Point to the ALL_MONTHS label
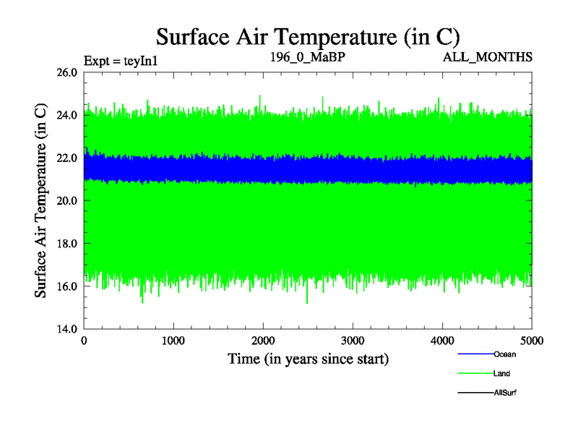point(488,56)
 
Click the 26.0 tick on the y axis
point(67,72)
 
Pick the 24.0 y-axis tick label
point(67,115)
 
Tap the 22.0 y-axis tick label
point(67,158)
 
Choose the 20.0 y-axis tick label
point(67,200)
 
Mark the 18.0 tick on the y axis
point(67,244)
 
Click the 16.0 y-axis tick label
point(67,286)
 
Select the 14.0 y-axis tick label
point(67,329)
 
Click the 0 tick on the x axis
point(85,341)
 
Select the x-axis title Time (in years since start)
point(309,359)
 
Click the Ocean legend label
point(504,354)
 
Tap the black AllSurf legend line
point(475,392)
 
